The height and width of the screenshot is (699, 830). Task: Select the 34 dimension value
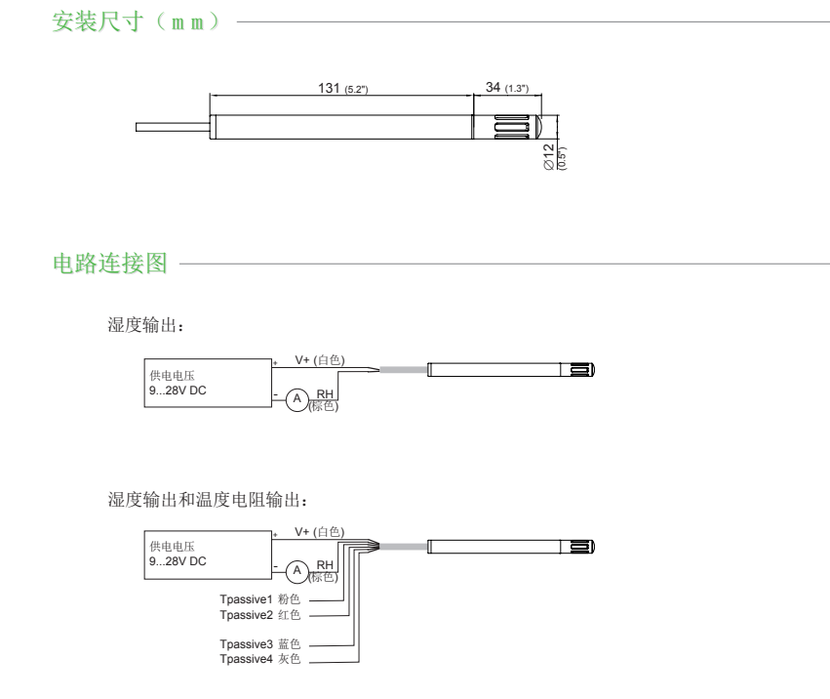pos(494,88)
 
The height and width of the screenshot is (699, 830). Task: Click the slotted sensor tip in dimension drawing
pos(509,128)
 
